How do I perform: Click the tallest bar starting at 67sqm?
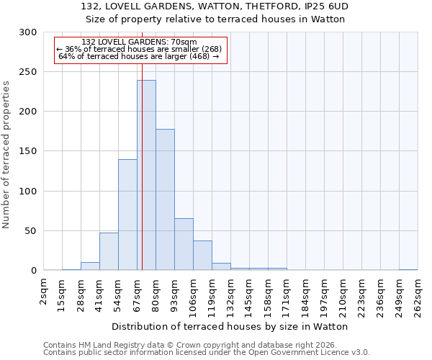pos(146,176)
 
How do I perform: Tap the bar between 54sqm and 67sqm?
pos(127,215)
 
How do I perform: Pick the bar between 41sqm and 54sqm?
pos(109,252)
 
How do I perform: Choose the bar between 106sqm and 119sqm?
pos(202,256)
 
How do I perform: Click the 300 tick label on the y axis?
pos(28,32)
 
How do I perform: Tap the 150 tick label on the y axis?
pos(28,152)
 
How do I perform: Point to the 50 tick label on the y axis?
pos(31,231)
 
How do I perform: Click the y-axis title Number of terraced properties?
pos(6,154)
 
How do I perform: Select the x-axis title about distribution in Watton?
pos(230,327)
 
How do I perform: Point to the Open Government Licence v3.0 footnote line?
pos(207,353)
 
